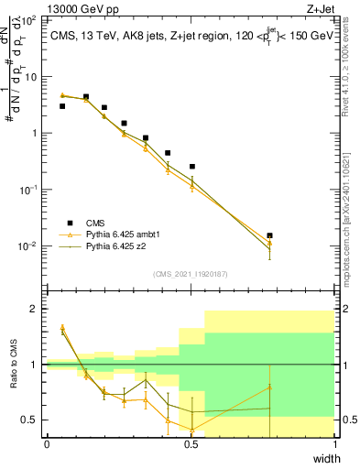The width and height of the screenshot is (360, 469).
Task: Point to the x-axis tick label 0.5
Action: [191, 444]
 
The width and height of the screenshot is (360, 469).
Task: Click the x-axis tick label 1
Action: [335, 444]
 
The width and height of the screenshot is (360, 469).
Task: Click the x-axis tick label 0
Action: [47, 444]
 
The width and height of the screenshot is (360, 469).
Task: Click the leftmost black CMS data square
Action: [62, 106]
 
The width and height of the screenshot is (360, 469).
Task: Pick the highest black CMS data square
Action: [86, 96]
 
